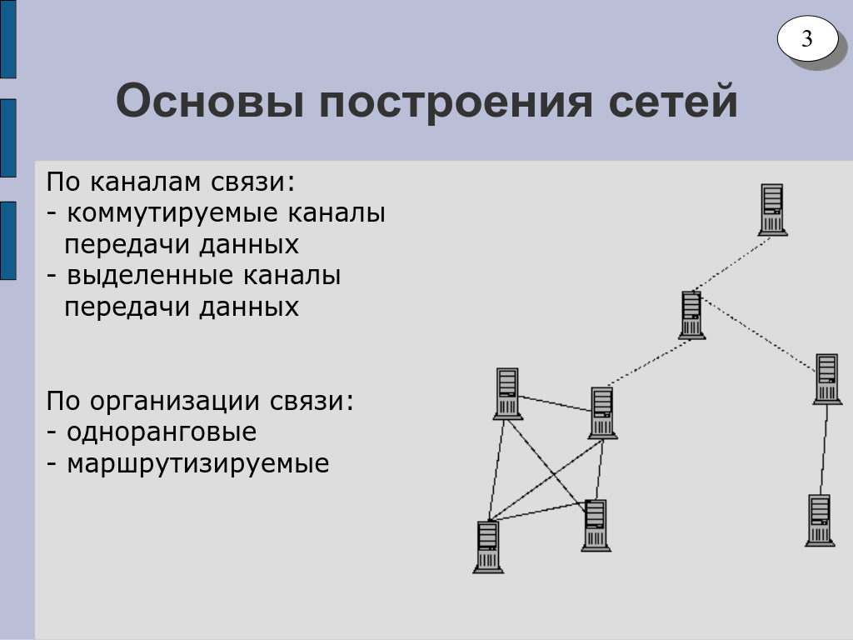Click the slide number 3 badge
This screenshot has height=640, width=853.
point(807,38)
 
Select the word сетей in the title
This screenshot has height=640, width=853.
point(673,100)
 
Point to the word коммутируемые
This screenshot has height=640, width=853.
point(172,213)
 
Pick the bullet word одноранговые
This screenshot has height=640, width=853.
point(162,433)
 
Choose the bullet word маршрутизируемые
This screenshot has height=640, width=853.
point(198,464)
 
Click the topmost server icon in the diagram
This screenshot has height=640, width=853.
point(772,209)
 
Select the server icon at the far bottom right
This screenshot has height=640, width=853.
point(820,520)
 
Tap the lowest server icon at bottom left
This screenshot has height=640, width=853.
point(488,547)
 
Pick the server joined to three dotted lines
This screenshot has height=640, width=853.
point(692,315)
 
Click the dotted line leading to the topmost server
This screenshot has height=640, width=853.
point(731,263)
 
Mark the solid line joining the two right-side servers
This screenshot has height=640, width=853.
point(824,449)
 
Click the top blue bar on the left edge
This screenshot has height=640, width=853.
point(8,39)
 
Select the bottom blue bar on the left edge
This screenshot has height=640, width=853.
point(8,241)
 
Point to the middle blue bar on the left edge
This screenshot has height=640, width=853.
point(8,138)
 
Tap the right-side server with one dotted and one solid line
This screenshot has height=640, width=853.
point(827,379)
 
